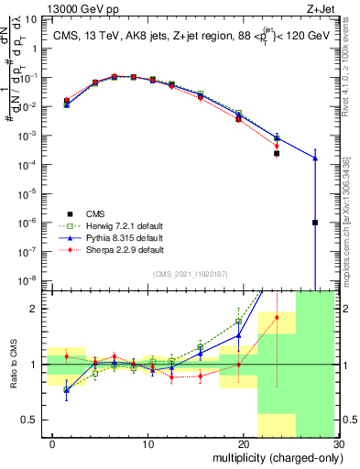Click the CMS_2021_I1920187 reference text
191,273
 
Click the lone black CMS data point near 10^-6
314,223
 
